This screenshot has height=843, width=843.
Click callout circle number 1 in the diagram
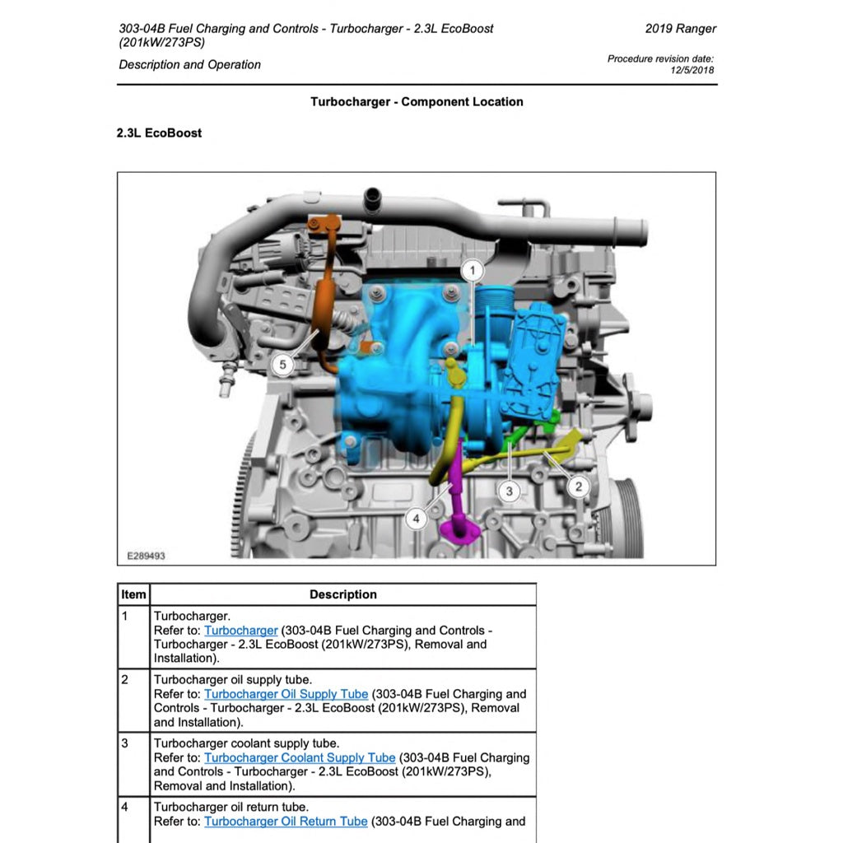click(473, 270)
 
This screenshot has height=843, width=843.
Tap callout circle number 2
click(578, 487)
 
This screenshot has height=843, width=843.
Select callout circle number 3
click(510, 491)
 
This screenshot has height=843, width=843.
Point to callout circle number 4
click(417, 518)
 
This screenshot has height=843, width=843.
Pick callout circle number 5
click(282, 364)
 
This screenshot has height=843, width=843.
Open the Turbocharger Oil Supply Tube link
click(286, 694)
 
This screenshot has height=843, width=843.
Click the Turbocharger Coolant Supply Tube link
click(300, 757)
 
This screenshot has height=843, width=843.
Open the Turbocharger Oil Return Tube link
click(286, 821)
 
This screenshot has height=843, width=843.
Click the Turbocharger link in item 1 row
click(240, 631)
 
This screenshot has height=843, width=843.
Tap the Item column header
click(133, 594)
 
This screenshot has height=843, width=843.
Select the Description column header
click(343, 594)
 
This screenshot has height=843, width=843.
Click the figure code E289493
click(146, 557)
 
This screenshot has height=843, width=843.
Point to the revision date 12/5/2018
click(693, 70)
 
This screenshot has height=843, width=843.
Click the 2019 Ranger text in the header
click(680, 29)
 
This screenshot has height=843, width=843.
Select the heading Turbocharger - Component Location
click(417, 102)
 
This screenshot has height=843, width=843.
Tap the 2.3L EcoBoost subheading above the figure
click(159, 133)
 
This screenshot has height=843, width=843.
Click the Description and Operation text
click(189, 65)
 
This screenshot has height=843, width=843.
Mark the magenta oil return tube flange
click(459, 529)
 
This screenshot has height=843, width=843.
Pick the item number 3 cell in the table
click(125, 743)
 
